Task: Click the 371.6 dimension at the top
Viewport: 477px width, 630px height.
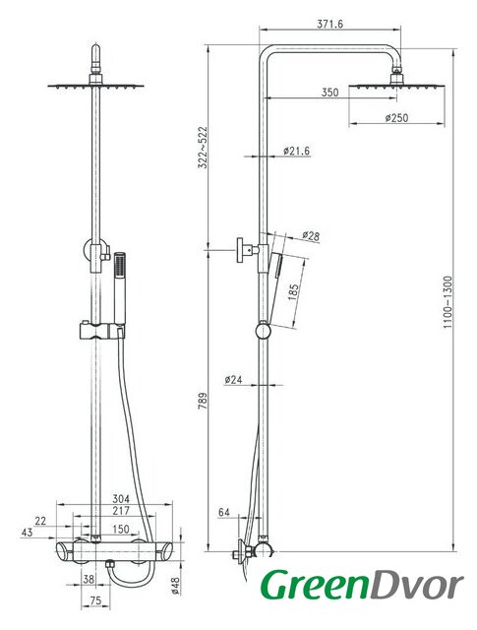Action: (330, 24)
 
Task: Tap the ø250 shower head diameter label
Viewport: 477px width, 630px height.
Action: (396, 118)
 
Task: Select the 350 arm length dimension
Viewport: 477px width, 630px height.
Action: (329, 92)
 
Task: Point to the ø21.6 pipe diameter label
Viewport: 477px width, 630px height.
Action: (296, 151)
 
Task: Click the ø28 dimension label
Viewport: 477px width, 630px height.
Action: (311, 236)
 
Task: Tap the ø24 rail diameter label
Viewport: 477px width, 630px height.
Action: (233, 379)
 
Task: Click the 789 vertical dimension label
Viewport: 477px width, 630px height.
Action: (204, 401)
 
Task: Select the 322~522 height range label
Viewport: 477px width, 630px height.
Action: (204, 148)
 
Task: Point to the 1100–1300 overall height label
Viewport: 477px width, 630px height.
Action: (447, 302)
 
